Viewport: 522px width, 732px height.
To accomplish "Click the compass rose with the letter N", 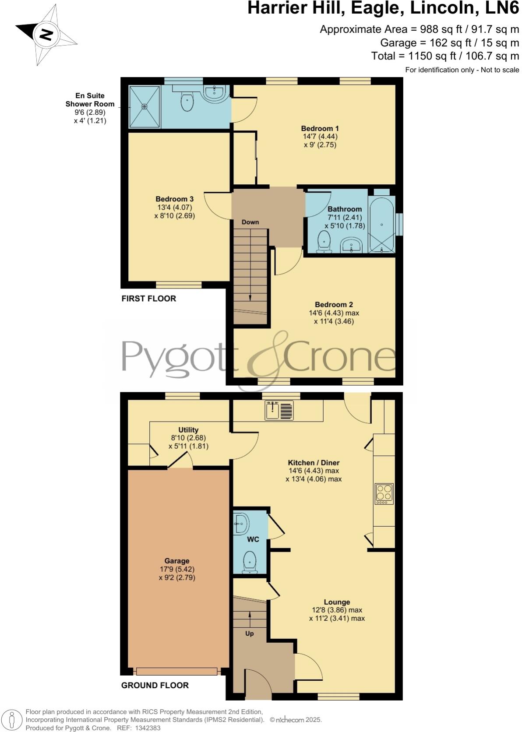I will [x=46, y=34].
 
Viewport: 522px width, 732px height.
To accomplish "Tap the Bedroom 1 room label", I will [x=320, y=128].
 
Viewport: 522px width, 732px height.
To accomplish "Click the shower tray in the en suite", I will [x=145, y=106].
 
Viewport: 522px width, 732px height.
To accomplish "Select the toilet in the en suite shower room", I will [x=187, y=102].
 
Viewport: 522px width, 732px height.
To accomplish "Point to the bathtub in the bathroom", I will [x=382, y=225].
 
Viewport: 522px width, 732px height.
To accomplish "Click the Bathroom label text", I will [x=345, y=209].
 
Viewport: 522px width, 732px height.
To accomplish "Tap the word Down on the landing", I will [x=250, y=222].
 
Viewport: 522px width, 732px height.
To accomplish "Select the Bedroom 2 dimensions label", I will [x=334, y=317].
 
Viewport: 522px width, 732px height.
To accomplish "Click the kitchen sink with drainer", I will [x=279, y=411].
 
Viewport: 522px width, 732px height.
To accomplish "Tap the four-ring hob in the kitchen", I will [x=384, y=493].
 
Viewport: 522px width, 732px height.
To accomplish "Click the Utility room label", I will [x=188, y=430].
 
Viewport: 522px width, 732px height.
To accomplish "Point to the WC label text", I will [x=253, y=539].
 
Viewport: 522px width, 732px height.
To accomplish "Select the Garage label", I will [x=177, y=561].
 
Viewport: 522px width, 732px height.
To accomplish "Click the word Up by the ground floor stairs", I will [x=249, y=633].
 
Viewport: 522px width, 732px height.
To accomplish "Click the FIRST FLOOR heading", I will [x=148, y=299].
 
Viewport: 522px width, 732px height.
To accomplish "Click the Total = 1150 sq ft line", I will [x=445, y=56].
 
